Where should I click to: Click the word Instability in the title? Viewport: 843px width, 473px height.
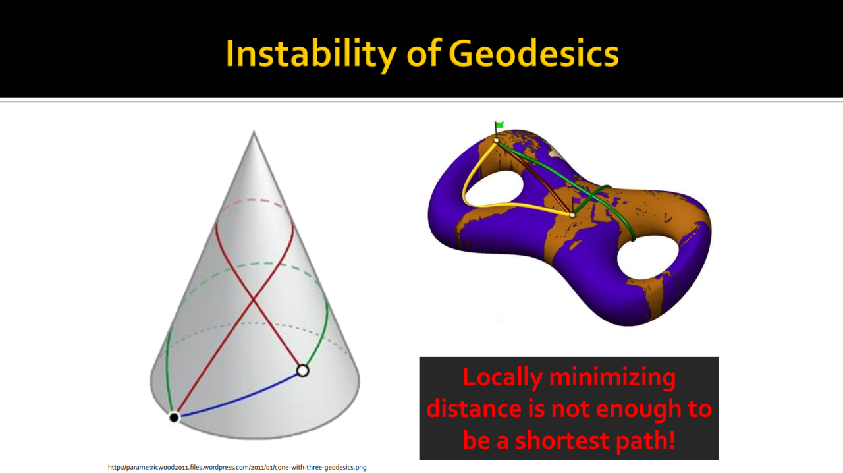pyautogui.click(x=311, y=54)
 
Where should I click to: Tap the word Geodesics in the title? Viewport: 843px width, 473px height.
pyautogui.click(x=533, y=54)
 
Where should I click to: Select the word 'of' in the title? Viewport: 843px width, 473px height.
pyautogui.click(x=423, y=54)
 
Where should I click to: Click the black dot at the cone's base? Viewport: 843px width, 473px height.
pyautogui.click(x=174, y=417)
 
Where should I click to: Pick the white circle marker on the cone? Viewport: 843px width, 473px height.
pyautogui.click(x=302, y=371)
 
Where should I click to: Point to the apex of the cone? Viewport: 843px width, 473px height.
pyautogui.click(x=254, y=131)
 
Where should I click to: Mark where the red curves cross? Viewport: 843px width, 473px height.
pyautogui.click(x=254, y=301)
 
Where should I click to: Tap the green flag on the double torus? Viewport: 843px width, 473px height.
pyautogui.click(x=499, y=125)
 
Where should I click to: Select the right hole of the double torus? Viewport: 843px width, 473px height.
pyautogui.click(x=647, y=258)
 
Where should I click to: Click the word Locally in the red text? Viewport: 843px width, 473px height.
pyautogui.click(x=503, y=377)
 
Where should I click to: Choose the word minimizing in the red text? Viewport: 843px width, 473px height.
pyautogui.click(x=612, y=377)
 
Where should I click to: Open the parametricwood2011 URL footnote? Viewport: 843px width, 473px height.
pyautogui.click(x=237, y=467)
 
